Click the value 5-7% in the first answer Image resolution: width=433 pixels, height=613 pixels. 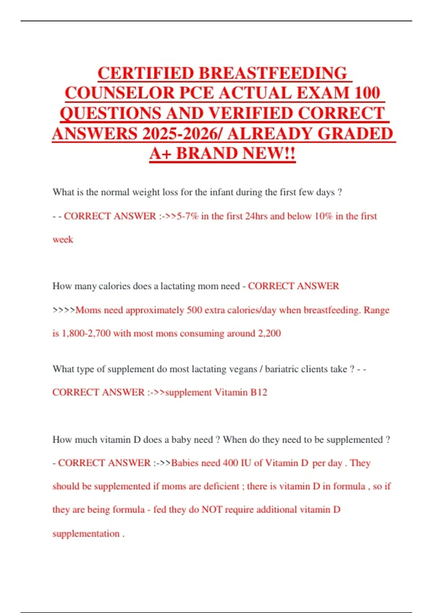point(188,216)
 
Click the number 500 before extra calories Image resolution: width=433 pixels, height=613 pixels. point(194,310)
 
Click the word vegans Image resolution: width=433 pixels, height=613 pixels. point(241,369)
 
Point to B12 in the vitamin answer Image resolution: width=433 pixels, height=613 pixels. point(259,392)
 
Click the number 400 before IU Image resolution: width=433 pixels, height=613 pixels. point(230,463)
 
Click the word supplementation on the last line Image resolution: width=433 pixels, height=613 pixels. point(86,533)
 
